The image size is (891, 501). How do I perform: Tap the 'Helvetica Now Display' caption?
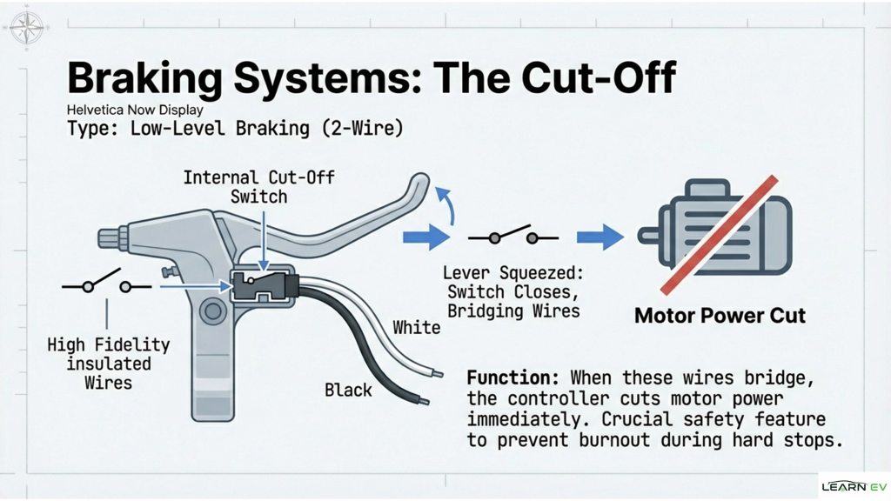point(135,110)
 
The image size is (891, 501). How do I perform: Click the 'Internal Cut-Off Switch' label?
point(258,187)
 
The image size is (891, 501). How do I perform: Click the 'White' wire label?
point(416,327)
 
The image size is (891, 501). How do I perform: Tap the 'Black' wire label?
point(348,390)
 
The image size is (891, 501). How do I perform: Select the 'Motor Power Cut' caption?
point(720,315)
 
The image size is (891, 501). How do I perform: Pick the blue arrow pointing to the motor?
point(600,237)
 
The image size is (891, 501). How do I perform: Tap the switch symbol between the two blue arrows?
point(513,237)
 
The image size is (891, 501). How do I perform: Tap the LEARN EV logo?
point(854,486)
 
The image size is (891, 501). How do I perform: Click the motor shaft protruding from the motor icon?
point(649,235)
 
